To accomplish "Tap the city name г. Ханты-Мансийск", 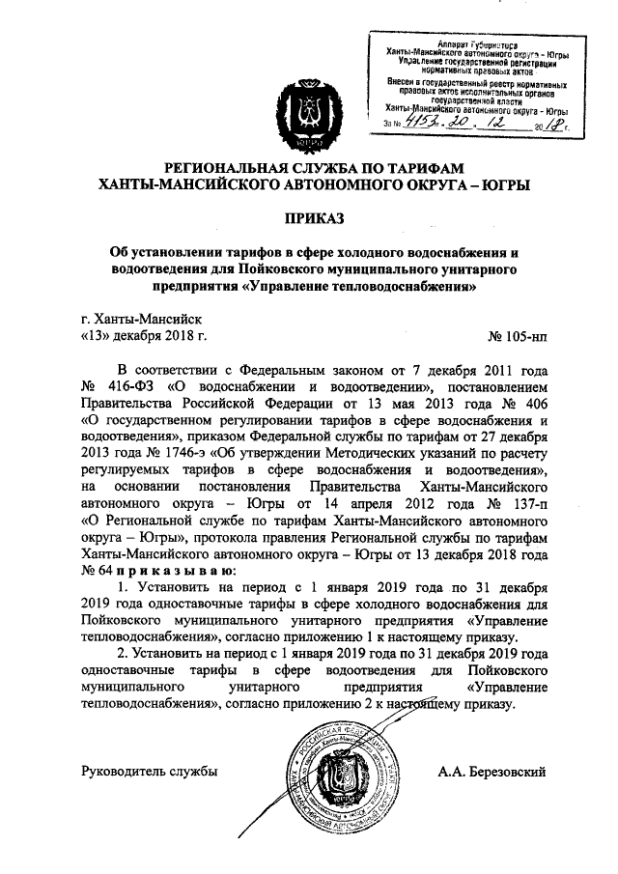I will pos(141,318).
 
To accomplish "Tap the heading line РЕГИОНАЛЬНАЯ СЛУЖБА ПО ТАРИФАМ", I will pos(309,167).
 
